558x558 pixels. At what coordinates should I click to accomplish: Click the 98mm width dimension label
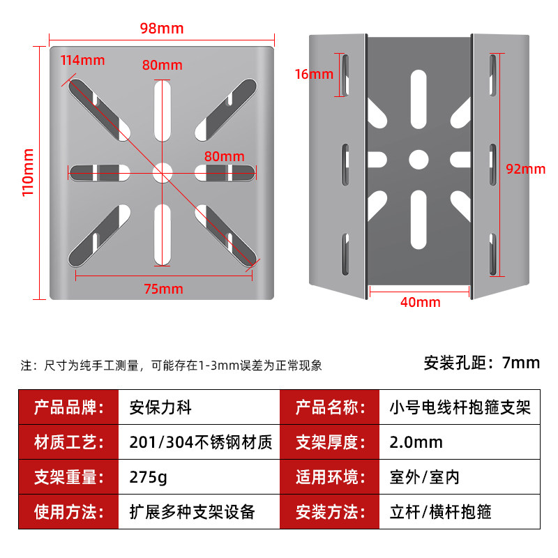(x=161, y=29)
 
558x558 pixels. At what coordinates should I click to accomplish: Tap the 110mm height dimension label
(x=29, y=172)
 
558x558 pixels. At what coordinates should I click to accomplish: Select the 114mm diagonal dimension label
(x=82, y=60)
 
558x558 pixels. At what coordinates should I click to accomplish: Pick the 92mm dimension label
(x=525, y=169)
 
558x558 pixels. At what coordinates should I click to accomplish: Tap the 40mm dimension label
(x=420, y=302)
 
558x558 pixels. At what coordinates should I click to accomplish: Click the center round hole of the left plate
(x=163, y=171)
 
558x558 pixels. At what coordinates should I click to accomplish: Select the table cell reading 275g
(x=149, y=478)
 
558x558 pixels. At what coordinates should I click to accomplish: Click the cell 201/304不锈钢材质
(x=201, y=442)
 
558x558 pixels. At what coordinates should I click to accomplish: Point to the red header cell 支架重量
(x=69, y=478)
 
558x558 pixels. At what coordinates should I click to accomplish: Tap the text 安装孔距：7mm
(x=482, y=363)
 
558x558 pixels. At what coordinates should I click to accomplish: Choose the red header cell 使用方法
(x=69, y=513)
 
